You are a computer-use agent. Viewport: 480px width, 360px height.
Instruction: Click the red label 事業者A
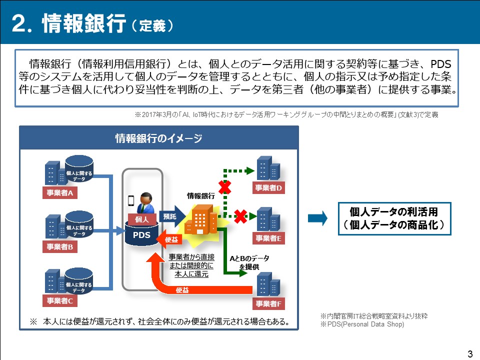[x=59, y=193]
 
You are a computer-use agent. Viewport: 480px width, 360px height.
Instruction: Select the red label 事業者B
[x=59, y=246]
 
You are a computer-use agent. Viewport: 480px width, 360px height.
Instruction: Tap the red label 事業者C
[x=59, y=300]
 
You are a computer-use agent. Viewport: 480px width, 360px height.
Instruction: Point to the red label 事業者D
[x=268, y=187]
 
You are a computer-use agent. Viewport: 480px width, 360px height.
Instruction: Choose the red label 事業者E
[x=268, y=238]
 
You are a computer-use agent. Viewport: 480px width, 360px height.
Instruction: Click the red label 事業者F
[x=268, y=303]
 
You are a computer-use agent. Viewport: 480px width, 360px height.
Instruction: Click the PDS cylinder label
[x=141, y=235]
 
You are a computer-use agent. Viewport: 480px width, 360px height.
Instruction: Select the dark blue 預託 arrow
[x=172, y=216]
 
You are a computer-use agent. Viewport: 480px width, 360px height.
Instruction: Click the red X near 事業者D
[x=224, y=187]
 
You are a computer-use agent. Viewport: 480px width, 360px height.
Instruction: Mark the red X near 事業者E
[x=240, y=216]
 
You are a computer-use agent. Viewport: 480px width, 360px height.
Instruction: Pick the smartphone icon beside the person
[x=130, y=201]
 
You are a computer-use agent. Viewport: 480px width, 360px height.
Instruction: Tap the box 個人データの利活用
[x=394, y=218]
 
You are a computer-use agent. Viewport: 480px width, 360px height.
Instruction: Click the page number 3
[x=470, y=354]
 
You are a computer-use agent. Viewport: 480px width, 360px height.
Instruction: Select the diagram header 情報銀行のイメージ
[x=158, y=138]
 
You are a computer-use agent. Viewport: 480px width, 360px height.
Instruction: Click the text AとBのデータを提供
[x=249, y=262]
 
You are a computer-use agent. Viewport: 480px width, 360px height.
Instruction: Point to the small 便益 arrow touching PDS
[x=169, y=239]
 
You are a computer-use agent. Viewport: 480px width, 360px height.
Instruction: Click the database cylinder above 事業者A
[x=79, y=168]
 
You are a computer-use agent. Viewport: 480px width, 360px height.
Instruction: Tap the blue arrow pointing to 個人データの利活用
[x=317, y=218]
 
